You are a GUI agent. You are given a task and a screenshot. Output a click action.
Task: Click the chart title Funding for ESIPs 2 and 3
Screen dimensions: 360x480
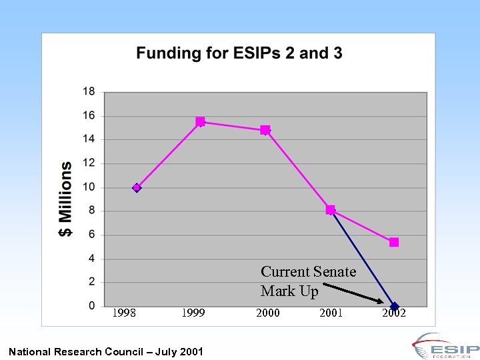[239, 53]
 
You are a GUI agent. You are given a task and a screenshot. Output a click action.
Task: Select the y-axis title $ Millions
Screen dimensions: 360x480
[66, 199]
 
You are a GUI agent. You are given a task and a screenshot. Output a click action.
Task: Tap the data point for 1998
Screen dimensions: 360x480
[137, 188]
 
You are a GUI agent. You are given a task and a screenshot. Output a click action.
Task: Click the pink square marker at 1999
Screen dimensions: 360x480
[200, 122]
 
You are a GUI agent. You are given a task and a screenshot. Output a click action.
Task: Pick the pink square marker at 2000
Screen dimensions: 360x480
[265, 130]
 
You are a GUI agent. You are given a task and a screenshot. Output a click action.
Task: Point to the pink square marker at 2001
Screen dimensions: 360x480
[331, 210]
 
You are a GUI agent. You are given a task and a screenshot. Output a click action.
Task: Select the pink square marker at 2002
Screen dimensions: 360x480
[394, 243]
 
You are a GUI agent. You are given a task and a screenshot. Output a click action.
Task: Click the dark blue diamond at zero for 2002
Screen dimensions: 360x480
[394, 307]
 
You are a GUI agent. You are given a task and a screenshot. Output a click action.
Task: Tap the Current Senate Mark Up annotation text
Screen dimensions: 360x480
[308, 281]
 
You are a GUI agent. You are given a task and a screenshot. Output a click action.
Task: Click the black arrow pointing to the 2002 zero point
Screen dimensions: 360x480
[353, 293]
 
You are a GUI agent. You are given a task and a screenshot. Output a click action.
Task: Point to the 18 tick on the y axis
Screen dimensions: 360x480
[89, 92]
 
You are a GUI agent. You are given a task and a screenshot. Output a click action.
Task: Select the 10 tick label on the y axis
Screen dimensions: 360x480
[89, 187]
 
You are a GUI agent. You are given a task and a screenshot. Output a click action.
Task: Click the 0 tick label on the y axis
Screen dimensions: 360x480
[92, 306]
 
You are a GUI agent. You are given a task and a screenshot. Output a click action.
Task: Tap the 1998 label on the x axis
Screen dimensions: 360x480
[124, 313]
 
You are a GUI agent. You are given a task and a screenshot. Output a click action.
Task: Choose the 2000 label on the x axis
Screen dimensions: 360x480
[268, 313]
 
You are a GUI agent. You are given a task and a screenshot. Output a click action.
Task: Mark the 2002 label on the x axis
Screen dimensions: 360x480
[394, 314]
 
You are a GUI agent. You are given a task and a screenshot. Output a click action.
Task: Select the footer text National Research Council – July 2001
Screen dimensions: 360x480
[106, 351]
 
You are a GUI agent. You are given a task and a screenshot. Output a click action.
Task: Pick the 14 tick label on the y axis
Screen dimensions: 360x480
[89, 139]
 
